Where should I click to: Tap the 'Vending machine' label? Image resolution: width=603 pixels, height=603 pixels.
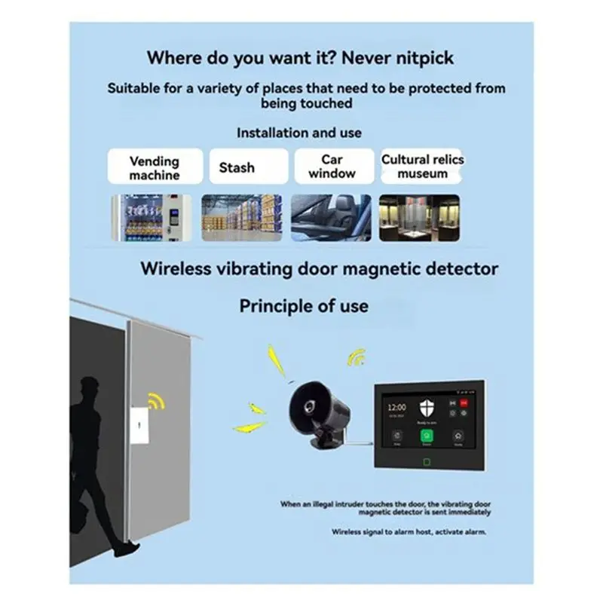[x=155, y=167]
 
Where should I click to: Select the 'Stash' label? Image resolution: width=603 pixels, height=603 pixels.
[x=237, y=167]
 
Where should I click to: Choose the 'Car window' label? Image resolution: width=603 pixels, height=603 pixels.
[x=332, y=167]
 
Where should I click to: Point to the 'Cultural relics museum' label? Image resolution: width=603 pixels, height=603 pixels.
[x=422, y=167]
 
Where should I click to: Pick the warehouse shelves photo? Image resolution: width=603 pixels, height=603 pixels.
[x=241, y=217]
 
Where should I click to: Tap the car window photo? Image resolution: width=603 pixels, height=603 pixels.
[x=331, y=217]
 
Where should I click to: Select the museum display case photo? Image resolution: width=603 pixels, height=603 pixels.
[x=419, y=217]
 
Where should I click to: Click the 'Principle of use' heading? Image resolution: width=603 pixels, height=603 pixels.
[x=304, y=306]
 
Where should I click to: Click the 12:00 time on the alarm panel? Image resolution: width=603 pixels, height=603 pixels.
[x=396, y=406]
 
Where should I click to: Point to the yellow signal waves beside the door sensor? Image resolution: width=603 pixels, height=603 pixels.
[x=156, y=400]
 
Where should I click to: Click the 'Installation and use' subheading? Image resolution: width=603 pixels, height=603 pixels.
[x=299, y=133]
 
